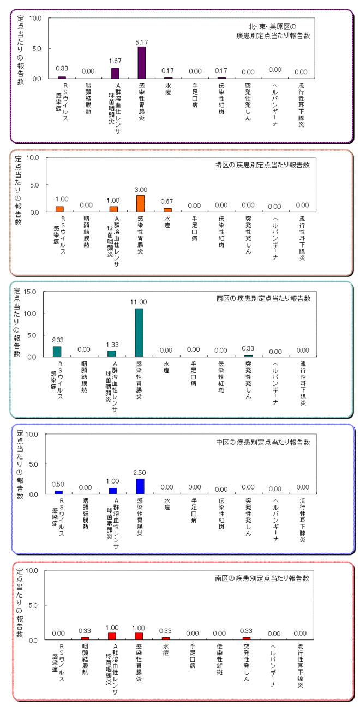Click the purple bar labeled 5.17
tap(141, 63)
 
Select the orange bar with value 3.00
tap(140, 203)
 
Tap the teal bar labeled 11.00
tap(139, 333)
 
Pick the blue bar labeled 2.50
tap(140, 486)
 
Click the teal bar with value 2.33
tap(57, 352)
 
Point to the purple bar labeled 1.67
tap(115, 73)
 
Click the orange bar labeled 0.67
tap(167, 210)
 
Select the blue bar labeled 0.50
tap(58, 492)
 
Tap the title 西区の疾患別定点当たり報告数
tap(263, 299)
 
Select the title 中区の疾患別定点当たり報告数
tap(263, 442)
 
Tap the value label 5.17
tap(141, 41)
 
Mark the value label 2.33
tap(57, 340)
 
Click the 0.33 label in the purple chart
tap(62, 69)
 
